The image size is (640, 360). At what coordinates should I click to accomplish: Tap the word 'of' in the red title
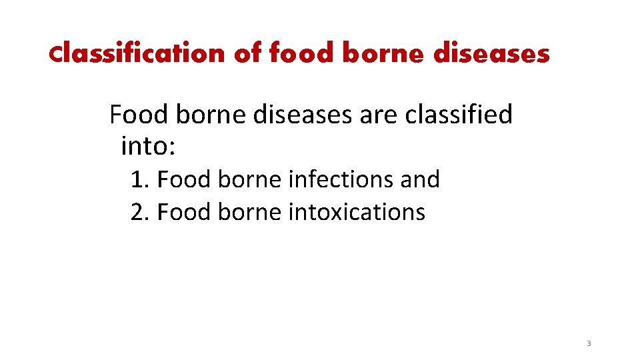coord(248,53)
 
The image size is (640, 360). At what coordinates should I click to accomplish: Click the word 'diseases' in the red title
coord(491,53)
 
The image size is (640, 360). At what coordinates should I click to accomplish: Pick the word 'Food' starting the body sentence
coord(137,115)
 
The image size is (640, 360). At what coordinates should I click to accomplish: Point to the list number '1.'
coord(140,179)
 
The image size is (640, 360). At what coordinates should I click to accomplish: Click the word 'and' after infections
coord(419,179)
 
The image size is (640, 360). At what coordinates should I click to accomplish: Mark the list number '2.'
coord(140,212)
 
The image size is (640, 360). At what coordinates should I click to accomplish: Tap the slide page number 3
coord(589,344)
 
